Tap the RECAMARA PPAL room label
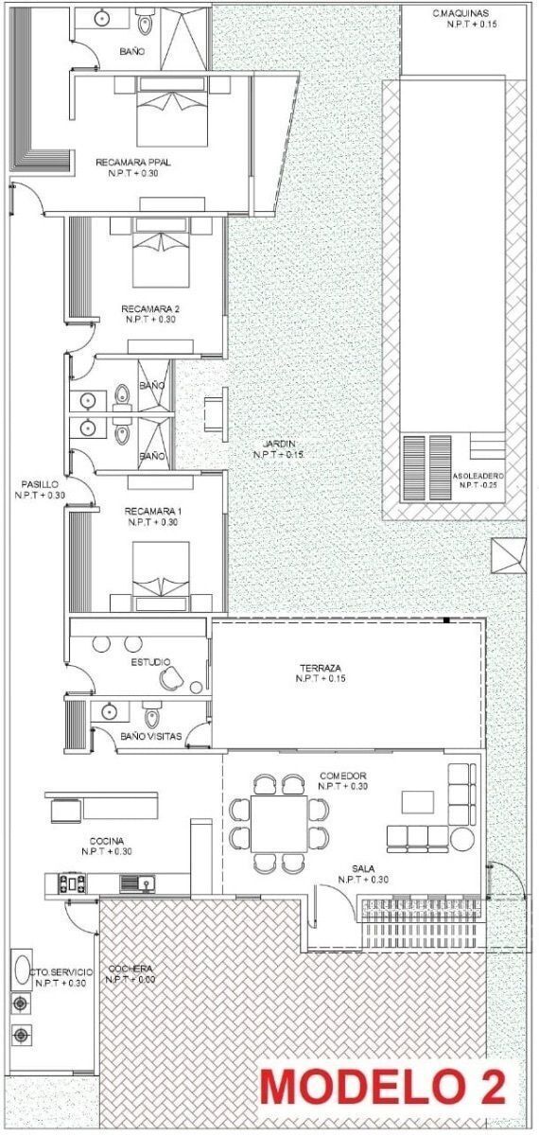coord(133,163)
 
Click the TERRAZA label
coord(321,669)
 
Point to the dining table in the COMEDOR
coord(279,824)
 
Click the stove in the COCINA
coord(73,883)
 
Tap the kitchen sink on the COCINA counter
coord(138,883)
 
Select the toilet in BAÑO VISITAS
coord(152,714)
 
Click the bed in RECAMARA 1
coord(161,577)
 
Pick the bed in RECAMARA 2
coord(162,253)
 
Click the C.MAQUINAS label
coord(461,13)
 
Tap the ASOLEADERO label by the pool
coord(478,477)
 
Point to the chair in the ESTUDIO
coord(170,678)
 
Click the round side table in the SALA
coord(461,839)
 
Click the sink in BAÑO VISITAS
coord(110,711)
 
